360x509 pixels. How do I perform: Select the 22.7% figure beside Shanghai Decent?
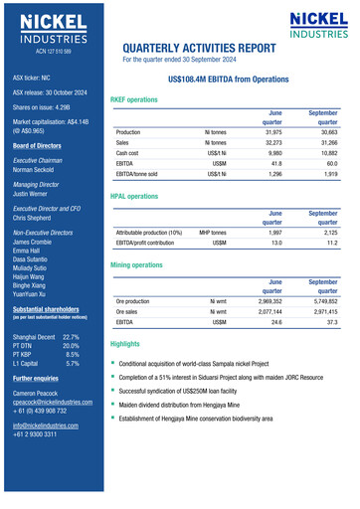point(72,338)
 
